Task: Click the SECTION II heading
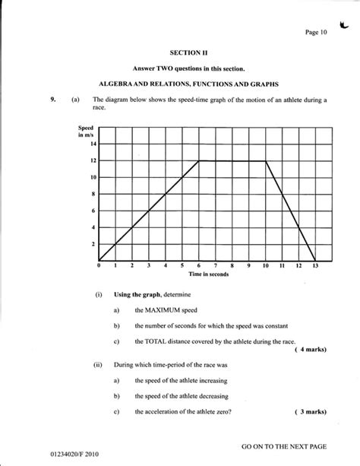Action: (x=181, y=52)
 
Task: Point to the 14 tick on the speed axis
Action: (x=93, y=144)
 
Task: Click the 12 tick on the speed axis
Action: (x=93, y=160)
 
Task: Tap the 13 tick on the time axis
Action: (x=315, y=266)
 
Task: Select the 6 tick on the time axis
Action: (x=199, y=266)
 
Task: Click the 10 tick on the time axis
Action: (x=266, y=266)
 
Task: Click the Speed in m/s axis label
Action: (x=85, y=132)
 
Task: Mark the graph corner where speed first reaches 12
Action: (x=199, y=160)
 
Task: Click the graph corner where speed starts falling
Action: (x=266, y=160)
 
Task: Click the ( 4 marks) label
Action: (x=310, y=350)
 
